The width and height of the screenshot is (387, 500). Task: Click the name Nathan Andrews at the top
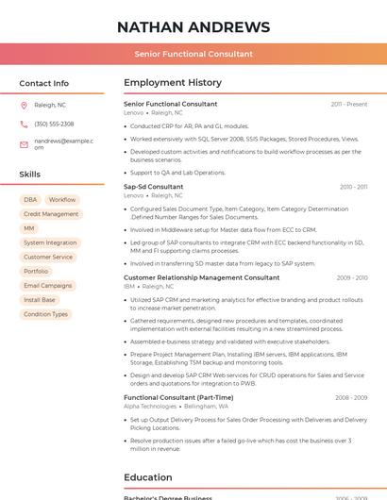pos(193,26)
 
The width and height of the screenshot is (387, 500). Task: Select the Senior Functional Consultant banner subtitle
pos(193,54)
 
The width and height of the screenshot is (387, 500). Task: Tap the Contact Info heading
pos(43,83)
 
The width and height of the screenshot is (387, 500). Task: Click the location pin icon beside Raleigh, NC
pos(24,105)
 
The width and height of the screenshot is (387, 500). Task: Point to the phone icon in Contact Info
pos(24,124)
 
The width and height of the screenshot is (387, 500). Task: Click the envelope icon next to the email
pos(24,143)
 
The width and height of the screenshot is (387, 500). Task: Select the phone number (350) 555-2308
pos(54,124)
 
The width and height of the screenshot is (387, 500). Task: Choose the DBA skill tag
pos(30,200)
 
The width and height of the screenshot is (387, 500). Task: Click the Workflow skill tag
pos(62,200)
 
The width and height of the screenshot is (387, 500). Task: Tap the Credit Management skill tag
pos(51,214)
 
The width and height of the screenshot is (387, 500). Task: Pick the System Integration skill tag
pos(50,242)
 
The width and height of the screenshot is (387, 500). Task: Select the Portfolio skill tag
pos(36,271)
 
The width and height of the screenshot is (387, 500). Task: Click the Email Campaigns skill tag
pos(47,285)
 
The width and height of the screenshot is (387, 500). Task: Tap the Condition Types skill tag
pos(45,314)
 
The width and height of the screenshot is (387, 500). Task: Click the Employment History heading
pos(173,83)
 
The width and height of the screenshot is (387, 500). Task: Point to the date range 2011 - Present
pos(349,104)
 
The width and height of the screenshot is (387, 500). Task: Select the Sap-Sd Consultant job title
pos(154,187)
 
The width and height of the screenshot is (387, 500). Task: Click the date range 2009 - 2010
pos(352,277)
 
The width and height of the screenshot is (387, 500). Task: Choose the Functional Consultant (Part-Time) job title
pos(178,397)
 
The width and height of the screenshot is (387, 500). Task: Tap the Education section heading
pos(147,477)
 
